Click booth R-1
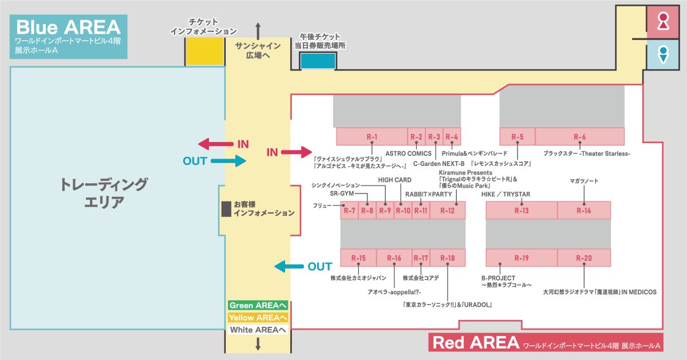coord(372,137)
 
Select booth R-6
coord(579,137)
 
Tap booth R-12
coord(447,210)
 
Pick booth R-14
coord(583,210)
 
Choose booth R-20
coord(583,258)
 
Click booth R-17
coord(421,258)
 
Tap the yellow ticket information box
coord(204,52)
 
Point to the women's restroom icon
coord(662,22)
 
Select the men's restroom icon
coord(662,54)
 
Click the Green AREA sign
coord(258,306)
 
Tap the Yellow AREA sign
coord(258,318)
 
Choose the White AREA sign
coord(258,330)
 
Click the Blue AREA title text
coord(68,27)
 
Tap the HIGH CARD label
coord(394,180)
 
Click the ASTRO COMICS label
coord(408,153)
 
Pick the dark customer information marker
coord(226,208)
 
